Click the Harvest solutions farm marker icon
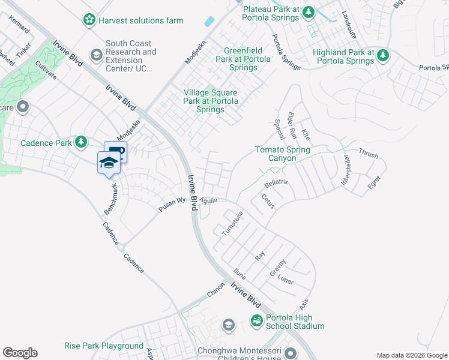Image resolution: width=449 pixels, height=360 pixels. click(x=89, y=20)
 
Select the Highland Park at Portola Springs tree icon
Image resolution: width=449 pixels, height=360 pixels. click(x=382, y=56)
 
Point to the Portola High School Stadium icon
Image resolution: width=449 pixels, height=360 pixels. click(x=257, y=321)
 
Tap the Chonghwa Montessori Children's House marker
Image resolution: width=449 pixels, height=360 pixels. click(x=291, y=354)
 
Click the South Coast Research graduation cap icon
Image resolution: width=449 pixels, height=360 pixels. click(x=95, y=56)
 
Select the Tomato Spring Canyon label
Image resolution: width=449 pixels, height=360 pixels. click(x=283, y=154)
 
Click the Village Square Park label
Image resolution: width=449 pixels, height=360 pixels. click(x=210, y=101)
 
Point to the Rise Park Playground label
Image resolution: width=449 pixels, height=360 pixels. click(x=104, y=346)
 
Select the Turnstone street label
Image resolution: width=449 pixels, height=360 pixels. click(x=232, y=223)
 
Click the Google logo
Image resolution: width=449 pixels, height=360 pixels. click(x=20, y=353)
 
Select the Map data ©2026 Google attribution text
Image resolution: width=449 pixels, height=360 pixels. click(x=411, y=355)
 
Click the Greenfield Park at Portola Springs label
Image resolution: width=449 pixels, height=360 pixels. click(x=240, y=59)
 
